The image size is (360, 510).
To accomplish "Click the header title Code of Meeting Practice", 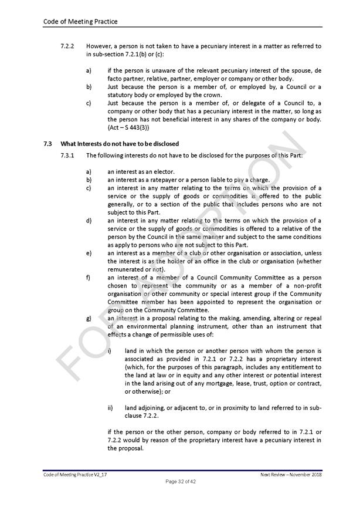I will click(x=80, y=22).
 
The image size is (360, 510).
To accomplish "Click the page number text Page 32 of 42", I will click(x=179, y=482).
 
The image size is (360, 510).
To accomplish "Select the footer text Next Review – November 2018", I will click(x=291, y=474).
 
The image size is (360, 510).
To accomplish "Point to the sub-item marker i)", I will click(x=110, y=351).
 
